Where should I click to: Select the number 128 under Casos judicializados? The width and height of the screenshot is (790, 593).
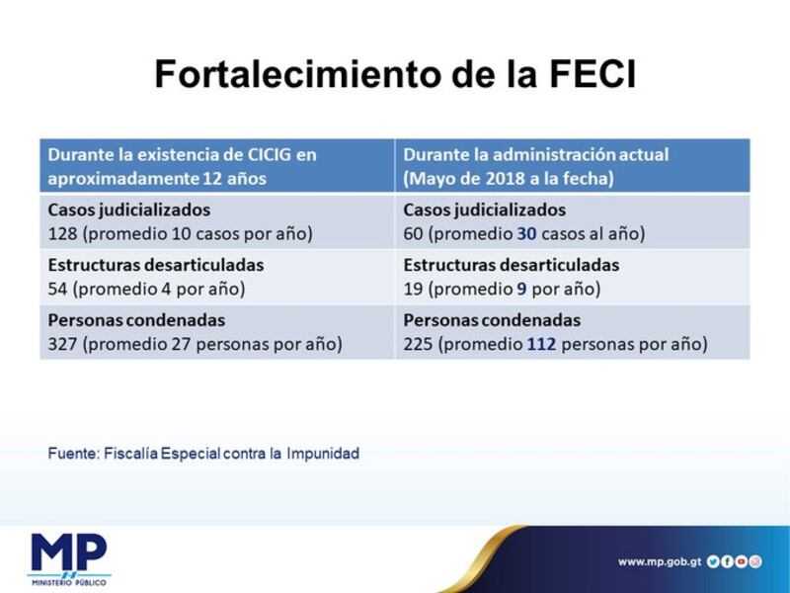coord(62,234)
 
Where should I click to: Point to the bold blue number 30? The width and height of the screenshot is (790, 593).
coord(526,234)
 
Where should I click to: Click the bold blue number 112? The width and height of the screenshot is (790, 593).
coord(541,344)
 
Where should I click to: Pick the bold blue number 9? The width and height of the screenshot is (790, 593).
coord(521,289)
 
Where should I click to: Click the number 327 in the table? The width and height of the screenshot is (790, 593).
coord(62,344)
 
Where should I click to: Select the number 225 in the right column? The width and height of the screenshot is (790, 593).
coord(418,344)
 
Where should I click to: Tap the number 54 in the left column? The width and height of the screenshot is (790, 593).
coord(58,289)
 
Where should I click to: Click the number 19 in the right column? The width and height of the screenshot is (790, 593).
coord(413,289)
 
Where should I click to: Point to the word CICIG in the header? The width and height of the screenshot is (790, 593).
coord(270,154)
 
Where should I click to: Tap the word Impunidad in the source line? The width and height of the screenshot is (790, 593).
coord(323,454)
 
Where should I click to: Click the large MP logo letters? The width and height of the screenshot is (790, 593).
coord(69,552)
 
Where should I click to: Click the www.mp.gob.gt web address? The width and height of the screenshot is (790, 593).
coord(660,561)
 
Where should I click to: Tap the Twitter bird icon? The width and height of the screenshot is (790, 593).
coord(712,561)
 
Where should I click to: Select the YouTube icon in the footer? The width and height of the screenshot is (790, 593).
coord(741,561)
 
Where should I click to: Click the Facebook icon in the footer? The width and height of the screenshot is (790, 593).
coord(727,561)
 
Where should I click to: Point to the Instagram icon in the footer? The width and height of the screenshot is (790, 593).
coord(754,561)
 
